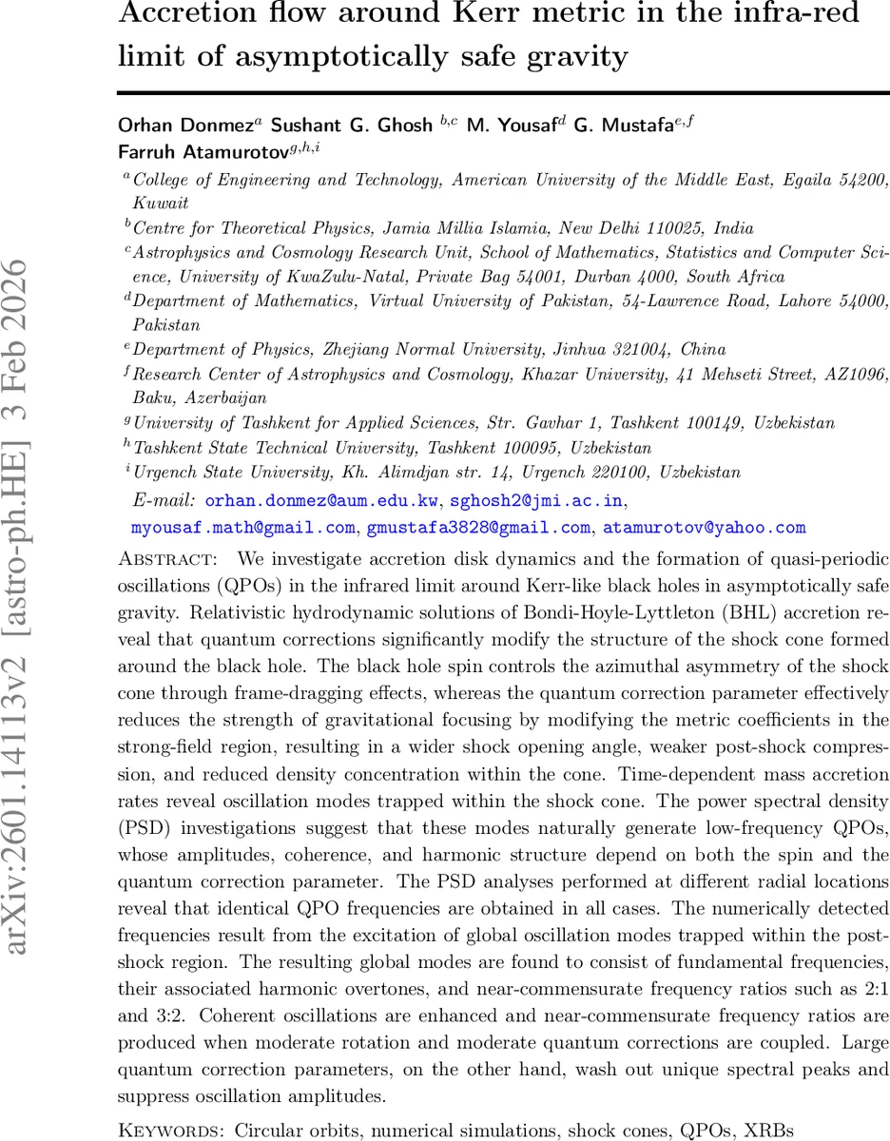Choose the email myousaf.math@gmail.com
pyautogui.click(x=243, y=527)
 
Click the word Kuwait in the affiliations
pyautogui.click(x=160, y=203)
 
